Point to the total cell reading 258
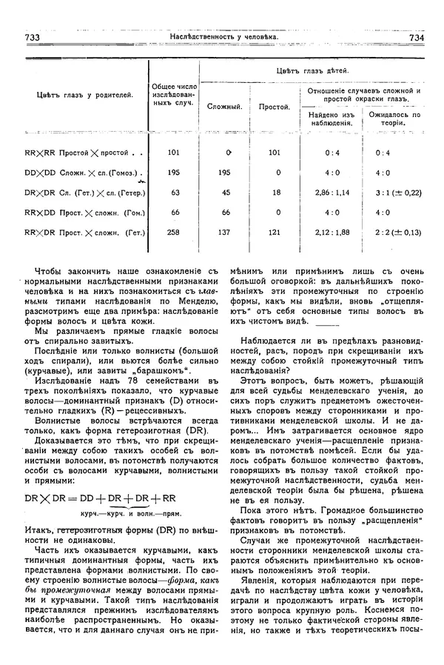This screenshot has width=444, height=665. pyautogui.click(x=175, y=232)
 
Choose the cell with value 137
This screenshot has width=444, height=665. pyautogui.click(x=225, y=232)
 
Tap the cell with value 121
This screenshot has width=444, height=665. pyautogui.click(x=274, y=232)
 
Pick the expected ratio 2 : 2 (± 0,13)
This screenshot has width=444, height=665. pyautogui.click(x=394, y=232)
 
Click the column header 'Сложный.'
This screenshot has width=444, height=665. pyautogui.click(x=225, y=107)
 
